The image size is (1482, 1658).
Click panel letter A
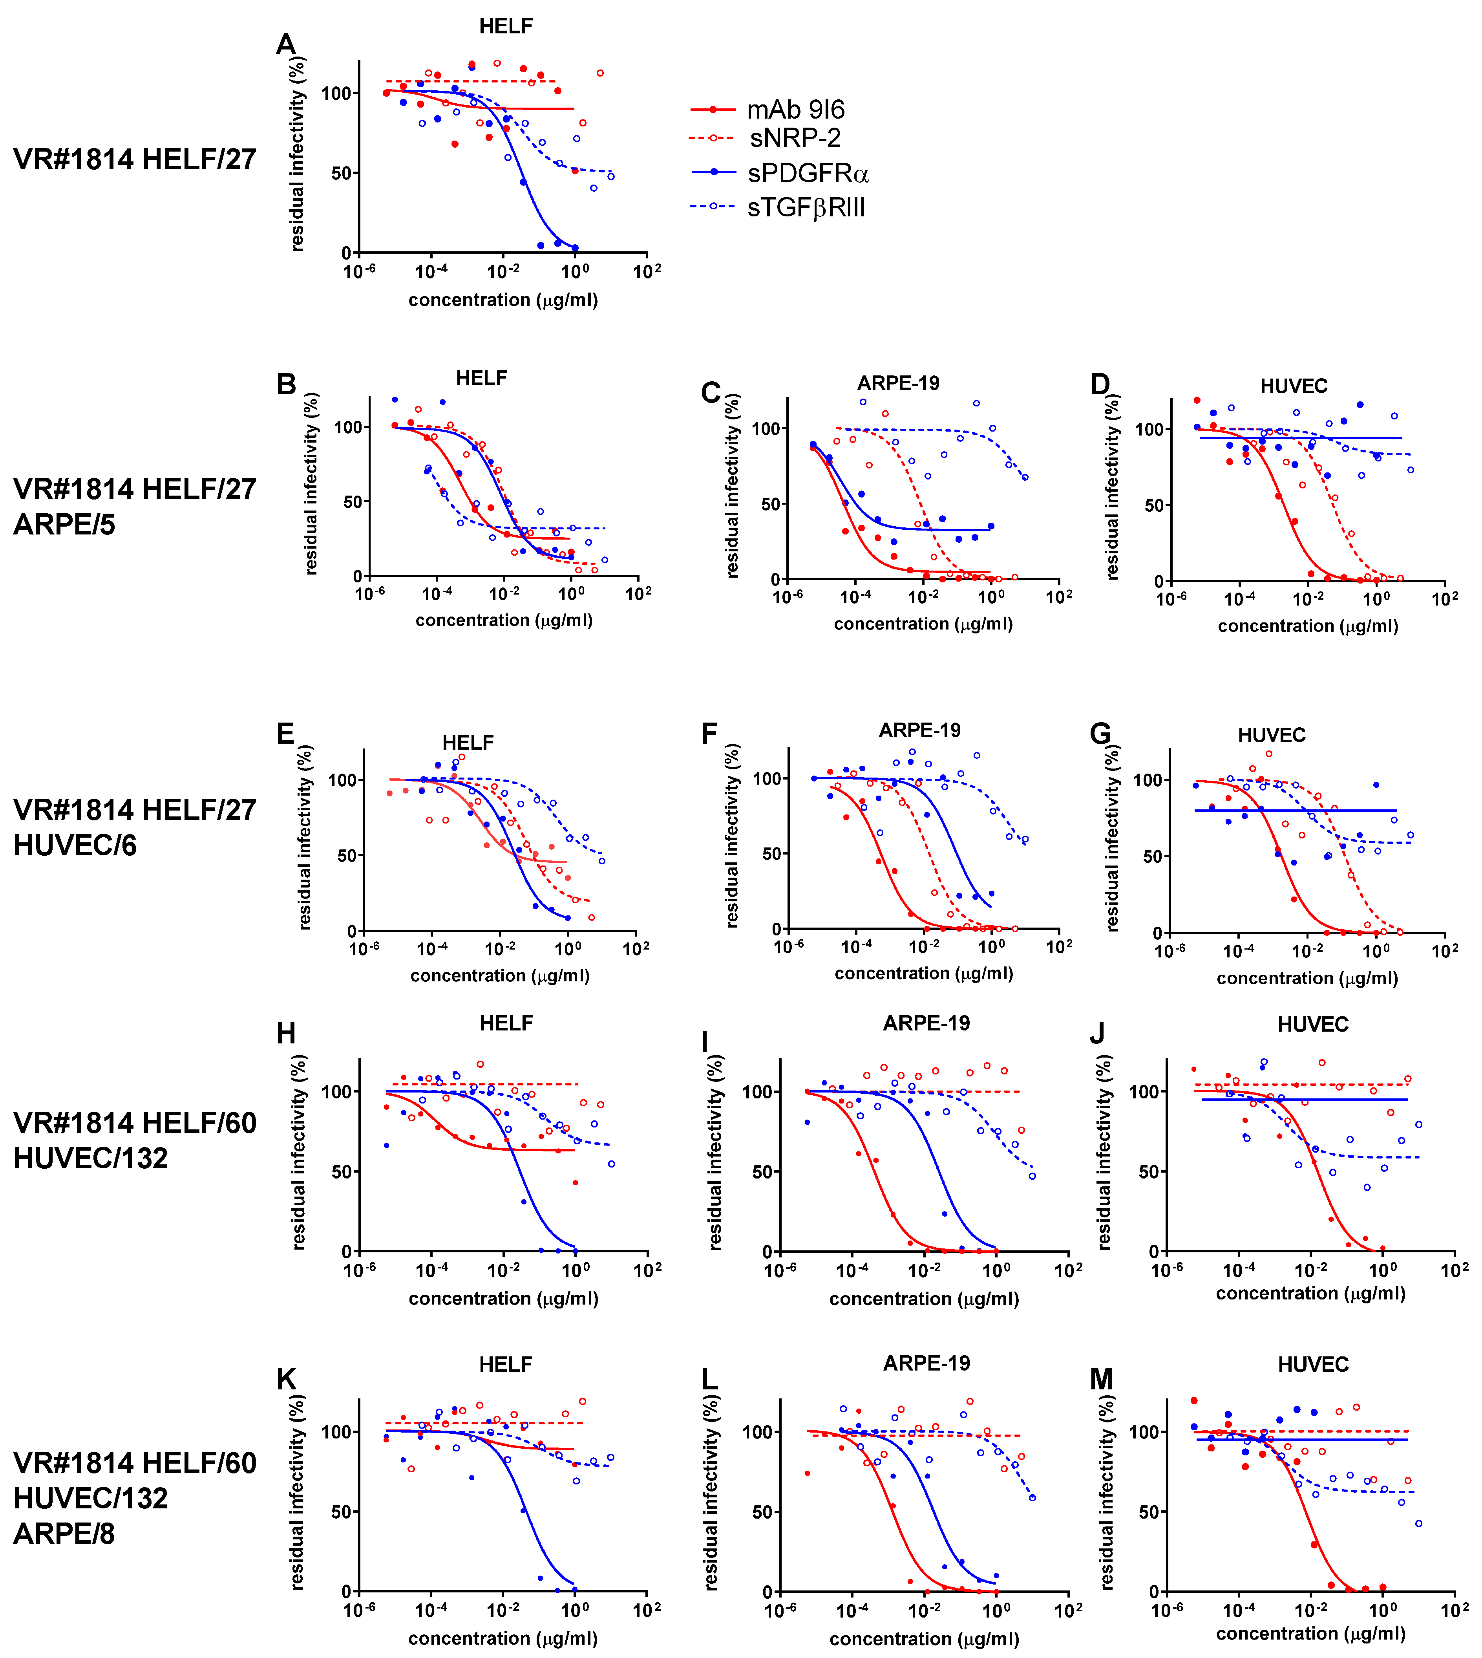tap(286, 44)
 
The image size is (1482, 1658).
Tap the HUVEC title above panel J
tap(1313, 1025)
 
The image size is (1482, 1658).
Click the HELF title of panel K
tap(506, 1364)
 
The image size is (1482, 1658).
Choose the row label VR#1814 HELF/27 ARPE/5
tap(134, 507)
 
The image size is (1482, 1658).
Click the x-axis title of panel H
tap(503, 1298)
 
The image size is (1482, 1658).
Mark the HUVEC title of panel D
tap(1294, 386)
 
